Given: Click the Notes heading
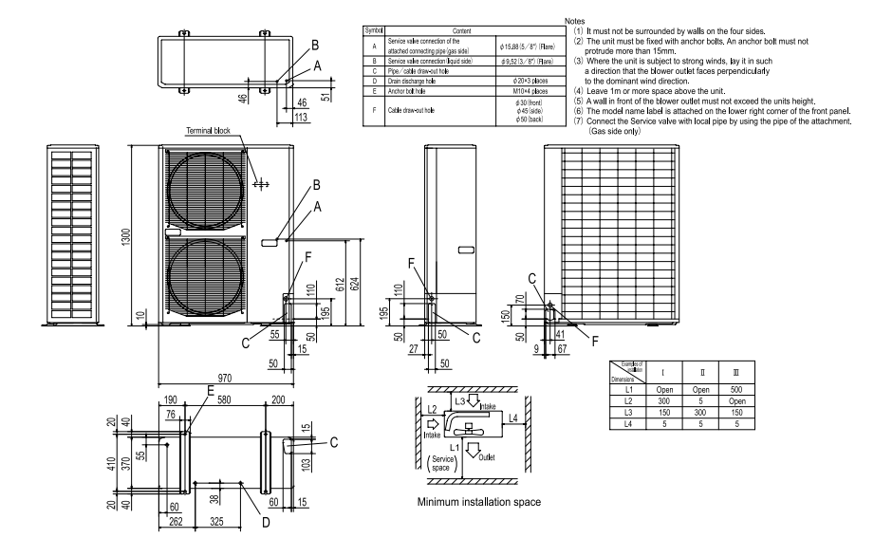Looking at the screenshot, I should click(x=574, y=20).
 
